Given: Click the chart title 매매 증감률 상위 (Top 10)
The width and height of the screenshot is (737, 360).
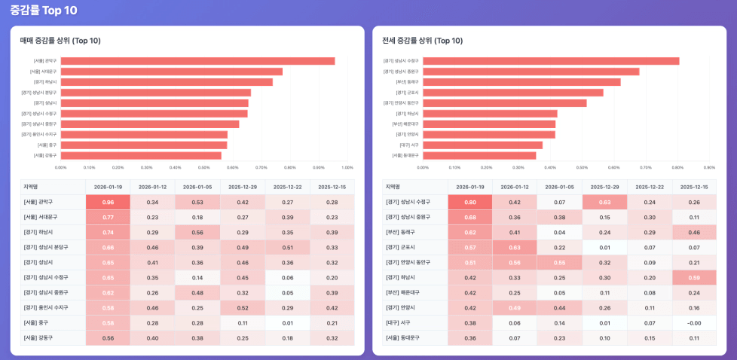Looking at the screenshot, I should click(x=60, y=41).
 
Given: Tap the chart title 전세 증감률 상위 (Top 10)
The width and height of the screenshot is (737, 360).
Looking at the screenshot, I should click(x=422, y=41).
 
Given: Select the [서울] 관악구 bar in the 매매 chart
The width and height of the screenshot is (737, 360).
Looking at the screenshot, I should click(x=197, y=61).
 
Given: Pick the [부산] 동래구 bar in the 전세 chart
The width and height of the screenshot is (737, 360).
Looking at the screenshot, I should click(x=521, y=82).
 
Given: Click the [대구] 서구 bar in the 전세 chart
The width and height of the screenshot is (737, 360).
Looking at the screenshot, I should click(x=482, y=145).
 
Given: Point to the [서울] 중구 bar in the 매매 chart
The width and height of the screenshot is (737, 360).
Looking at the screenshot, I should click(x=144, y=145).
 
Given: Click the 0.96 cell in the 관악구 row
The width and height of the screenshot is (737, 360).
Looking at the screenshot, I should click(x=108, y=202).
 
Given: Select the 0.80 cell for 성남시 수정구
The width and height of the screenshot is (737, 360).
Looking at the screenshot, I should click(x=469, y=202).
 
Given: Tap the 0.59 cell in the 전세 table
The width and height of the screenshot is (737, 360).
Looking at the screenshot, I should click(x=694, y=277).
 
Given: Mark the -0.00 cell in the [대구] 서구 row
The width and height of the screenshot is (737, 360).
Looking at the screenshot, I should click(x=694, y=322).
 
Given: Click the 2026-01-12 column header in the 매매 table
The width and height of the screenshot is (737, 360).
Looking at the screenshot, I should click(x=152, y=187).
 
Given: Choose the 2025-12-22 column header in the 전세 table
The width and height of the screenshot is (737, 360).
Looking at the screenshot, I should click(x=650, y=187).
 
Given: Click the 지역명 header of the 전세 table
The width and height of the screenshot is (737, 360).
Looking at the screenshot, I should click(x=393, y=187).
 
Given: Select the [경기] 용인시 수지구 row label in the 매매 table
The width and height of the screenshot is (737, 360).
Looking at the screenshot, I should click(x=46, y=307).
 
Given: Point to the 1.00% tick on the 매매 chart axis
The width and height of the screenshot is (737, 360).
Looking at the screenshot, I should click(x=347, y=168).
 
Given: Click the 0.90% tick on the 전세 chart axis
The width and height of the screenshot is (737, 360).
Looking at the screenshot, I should click(x=709, y=168).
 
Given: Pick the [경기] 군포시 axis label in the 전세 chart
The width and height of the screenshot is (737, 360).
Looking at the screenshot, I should click(x=408, y=93).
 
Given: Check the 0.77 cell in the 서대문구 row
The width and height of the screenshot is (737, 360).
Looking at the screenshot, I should click(x=108, y=217).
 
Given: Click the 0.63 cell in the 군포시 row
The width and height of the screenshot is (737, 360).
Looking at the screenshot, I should click(x=515, y=247).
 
